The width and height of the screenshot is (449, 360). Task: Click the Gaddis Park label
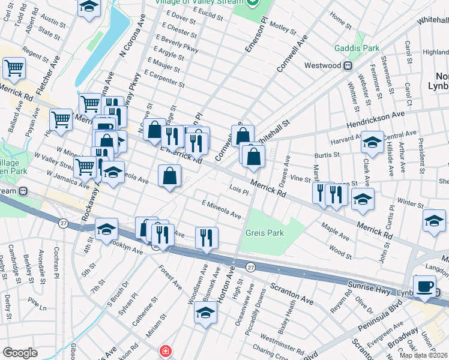point(359,47)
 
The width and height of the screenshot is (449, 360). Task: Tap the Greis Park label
point(264,232)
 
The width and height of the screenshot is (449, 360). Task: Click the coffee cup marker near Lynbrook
point(424,286)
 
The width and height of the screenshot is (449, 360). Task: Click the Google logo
point(20,353)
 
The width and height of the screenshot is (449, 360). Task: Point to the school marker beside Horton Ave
point(205,312)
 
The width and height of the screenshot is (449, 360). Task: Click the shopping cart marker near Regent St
point(14,67)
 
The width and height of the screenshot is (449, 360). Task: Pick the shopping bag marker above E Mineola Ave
point(170,176)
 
